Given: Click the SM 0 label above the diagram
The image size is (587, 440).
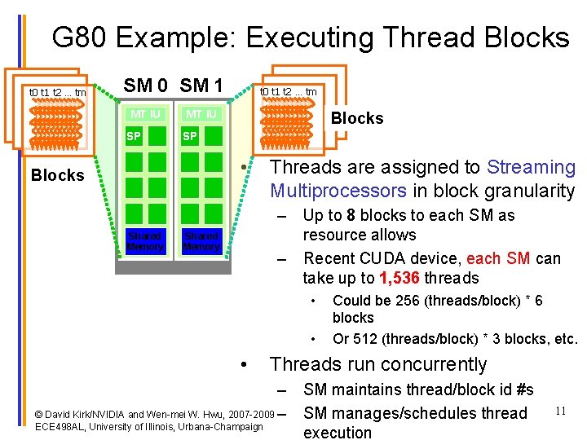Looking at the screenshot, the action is (146, 85).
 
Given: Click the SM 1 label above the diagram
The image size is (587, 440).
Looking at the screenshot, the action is (201, 85).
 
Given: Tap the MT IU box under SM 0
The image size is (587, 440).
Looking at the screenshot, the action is (145, 114).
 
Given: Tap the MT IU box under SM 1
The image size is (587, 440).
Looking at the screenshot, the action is (201, 114).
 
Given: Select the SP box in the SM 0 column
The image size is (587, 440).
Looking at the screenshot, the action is (132, 137).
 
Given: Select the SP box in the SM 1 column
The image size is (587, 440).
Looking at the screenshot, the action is (189, 137).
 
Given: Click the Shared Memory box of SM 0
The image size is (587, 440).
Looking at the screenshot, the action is (145, 241).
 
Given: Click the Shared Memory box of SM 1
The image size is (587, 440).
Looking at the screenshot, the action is (201, 241).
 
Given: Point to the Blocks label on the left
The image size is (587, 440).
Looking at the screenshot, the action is (57, 175).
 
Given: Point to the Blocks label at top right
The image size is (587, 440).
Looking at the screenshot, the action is (356, 118).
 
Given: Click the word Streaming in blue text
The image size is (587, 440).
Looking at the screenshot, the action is (531, 168).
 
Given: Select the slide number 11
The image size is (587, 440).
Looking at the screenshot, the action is (561, 410).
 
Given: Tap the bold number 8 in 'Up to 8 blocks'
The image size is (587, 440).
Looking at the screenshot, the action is (351, 216).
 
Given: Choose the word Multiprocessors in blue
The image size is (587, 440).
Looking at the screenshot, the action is (338, 191).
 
